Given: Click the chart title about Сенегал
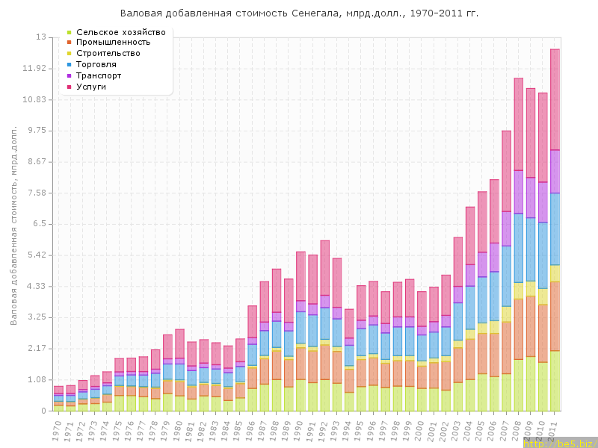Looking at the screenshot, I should (x=299, y=13).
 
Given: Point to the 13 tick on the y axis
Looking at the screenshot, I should (x=41, y=37).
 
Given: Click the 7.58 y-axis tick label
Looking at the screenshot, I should (x=37, y=193).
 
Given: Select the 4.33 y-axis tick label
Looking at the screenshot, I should (x=37, y=286).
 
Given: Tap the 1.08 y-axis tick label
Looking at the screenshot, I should (x=37, y=379).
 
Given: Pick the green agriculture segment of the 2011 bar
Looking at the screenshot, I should (x=555, y=381).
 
